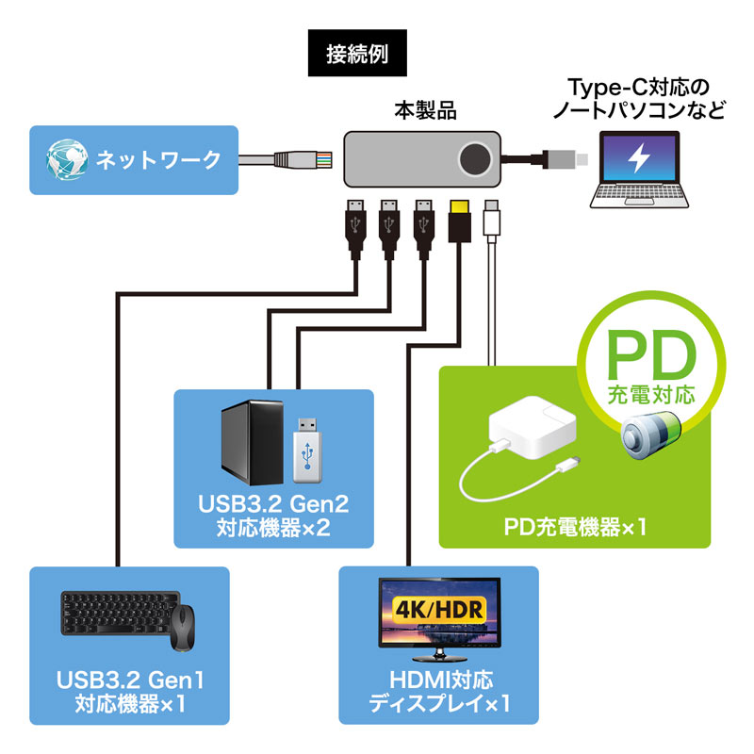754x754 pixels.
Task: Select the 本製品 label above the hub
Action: pos(424,110)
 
